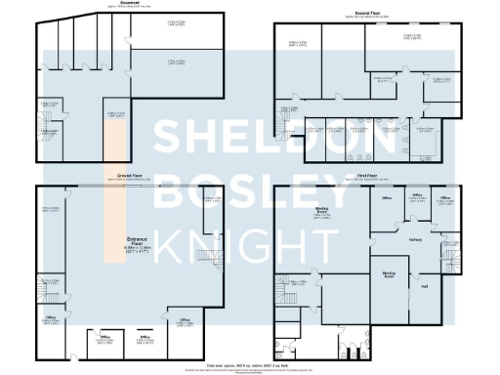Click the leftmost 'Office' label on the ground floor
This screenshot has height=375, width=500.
coord(49,317)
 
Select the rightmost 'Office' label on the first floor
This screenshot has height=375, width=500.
coord(444,198)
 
